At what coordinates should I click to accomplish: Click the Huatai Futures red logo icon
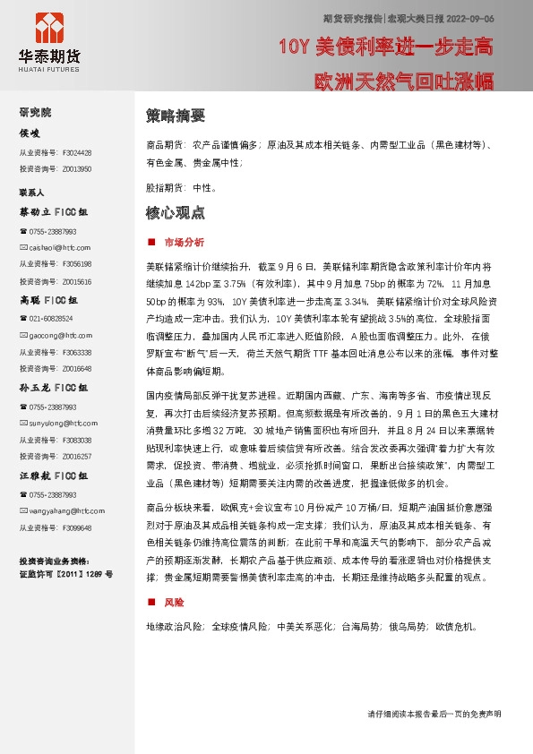[48, 26]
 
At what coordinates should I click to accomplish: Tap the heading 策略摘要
[176, 116]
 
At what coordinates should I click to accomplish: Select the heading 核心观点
[176, 213]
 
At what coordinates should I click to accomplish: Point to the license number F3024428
[77, 152]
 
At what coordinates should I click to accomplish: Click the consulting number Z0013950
[77, 168]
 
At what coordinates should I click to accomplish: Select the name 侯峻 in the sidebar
[30, 133]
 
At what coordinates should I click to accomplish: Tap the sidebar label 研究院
[35, 112]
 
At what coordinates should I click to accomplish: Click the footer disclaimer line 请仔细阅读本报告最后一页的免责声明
[434, 714]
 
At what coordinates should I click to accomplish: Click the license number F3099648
[77, 527]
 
